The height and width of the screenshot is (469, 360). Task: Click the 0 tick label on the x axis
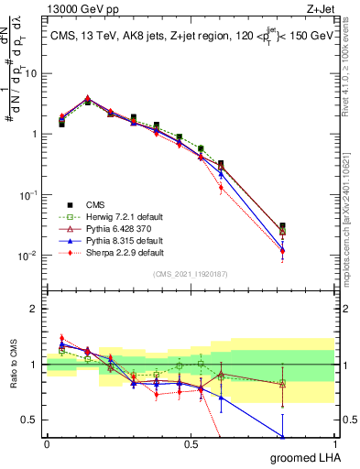pyautogui.click(x=47, y=443)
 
